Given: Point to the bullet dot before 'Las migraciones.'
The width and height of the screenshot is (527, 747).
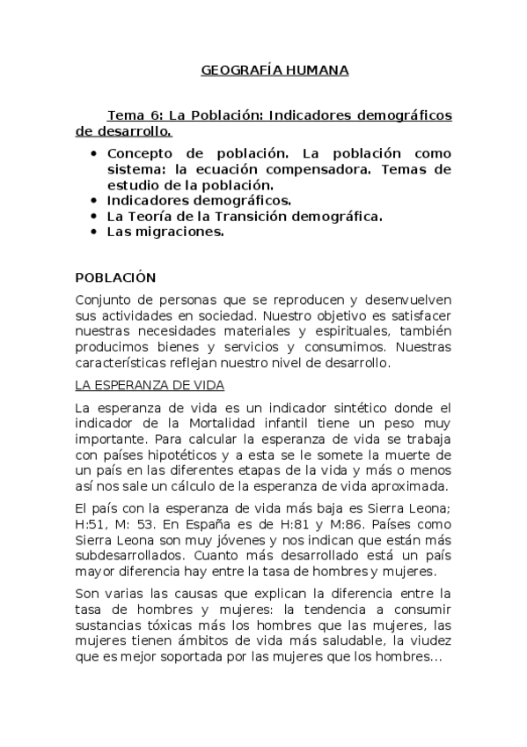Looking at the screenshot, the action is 94,233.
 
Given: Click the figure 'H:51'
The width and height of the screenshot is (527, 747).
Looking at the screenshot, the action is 90,525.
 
